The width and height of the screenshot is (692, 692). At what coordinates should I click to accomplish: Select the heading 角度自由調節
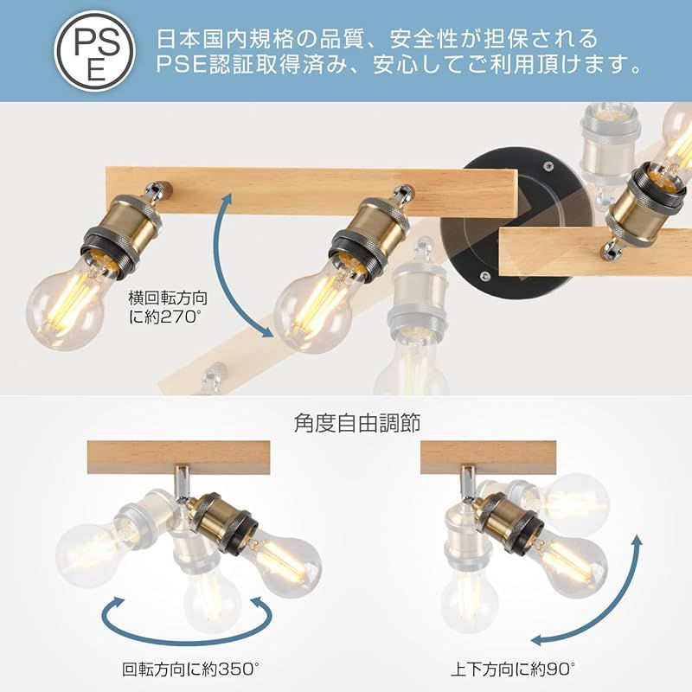pyautogui.click(x=357, y=423)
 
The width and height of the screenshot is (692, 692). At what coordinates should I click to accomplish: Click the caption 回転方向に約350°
pyautogui.click(x=190, y=669)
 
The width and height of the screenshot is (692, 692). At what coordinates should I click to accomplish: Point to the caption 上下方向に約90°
pyautogui.click(x=513, y=669)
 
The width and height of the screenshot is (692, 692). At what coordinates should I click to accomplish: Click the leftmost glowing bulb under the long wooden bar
pyautogui.click(x=67, y=304)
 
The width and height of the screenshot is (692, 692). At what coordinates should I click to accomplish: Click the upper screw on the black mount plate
pyautogui.click(x=548, y=166)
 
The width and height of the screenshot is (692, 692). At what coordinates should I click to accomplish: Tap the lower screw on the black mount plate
pyautogui.click(x=484, y=276)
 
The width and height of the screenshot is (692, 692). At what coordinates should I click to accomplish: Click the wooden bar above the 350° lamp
pyautogui.click(x=178, y=458)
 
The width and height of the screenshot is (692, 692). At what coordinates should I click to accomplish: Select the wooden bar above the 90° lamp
pyautogui.click(x=488, y=458)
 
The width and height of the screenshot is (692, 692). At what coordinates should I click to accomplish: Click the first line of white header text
pyautogui.click(x=378, y=39)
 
